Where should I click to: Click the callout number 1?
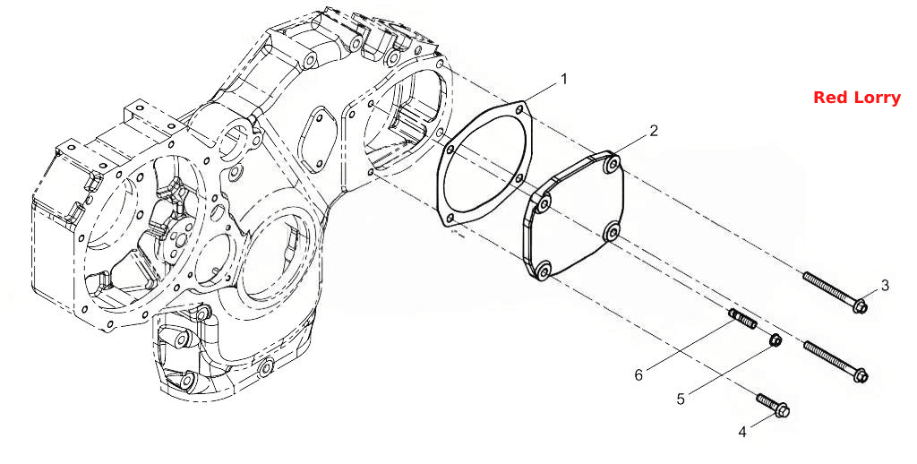[564, 79]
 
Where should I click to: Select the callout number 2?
[654, 131]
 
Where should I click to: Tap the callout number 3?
[885, 286]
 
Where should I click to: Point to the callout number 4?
[742, 433]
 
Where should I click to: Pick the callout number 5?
[681, 399]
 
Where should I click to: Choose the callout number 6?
[638, 375]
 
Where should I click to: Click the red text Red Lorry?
[857, 98]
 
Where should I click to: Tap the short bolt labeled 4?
[773, 406]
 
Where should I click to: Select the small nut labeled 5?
[775, 339]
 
